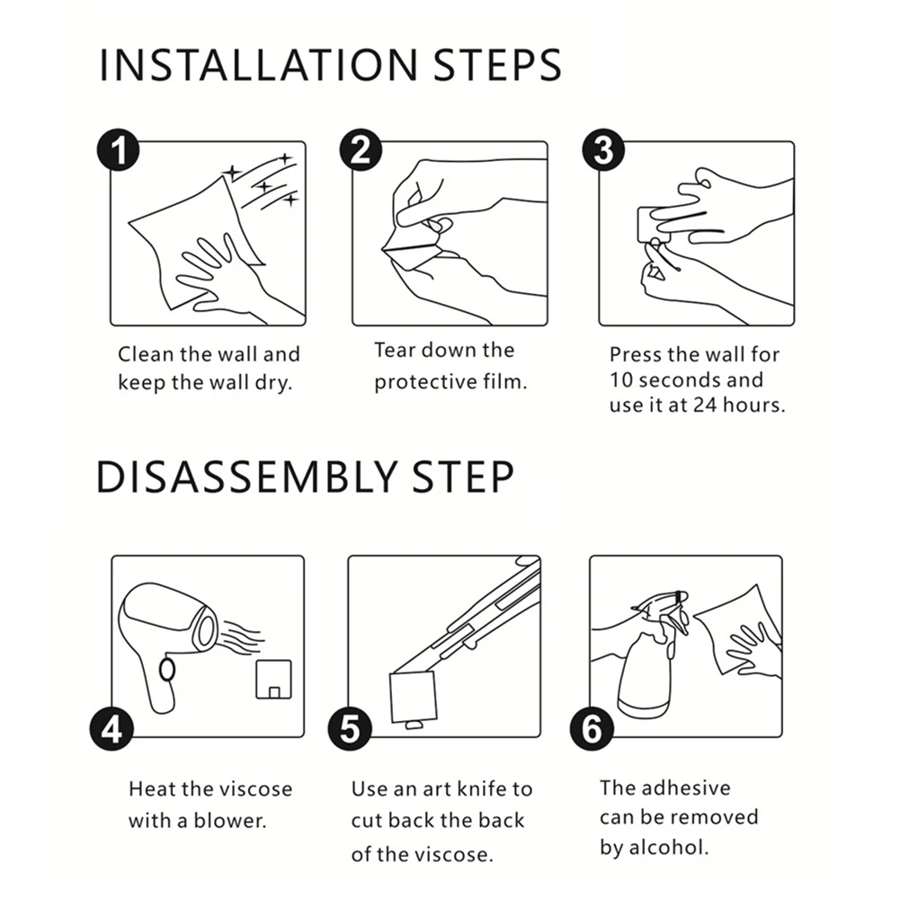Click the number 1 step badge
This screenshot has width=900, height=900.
tap(119, 150)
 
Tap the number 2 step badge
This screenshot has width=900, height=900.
tap(361, 150)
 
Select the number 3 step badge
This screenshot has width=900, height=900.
tap(603, 150)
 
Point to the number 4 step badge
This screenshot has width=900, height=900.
tap(111, 729)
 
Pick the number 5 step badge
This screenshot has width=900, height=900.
tap(350, 729)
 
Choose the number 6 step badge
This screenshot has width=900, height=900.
tap(592, 729)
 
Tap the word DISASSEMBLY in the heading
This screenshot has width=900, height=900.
tap(247, 477)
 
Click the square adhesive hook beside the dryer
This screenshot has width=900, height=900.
tap(274, 680)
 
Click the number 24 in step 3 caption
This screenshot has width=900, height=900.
tap(705, 405)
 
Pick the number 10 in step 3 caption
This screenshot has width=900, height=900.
tap(621, 380)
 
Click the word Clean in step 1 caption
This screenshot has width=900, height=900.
tap(146, 354)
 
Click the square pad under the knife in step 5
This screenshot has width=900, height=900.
tap(414, 697)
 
